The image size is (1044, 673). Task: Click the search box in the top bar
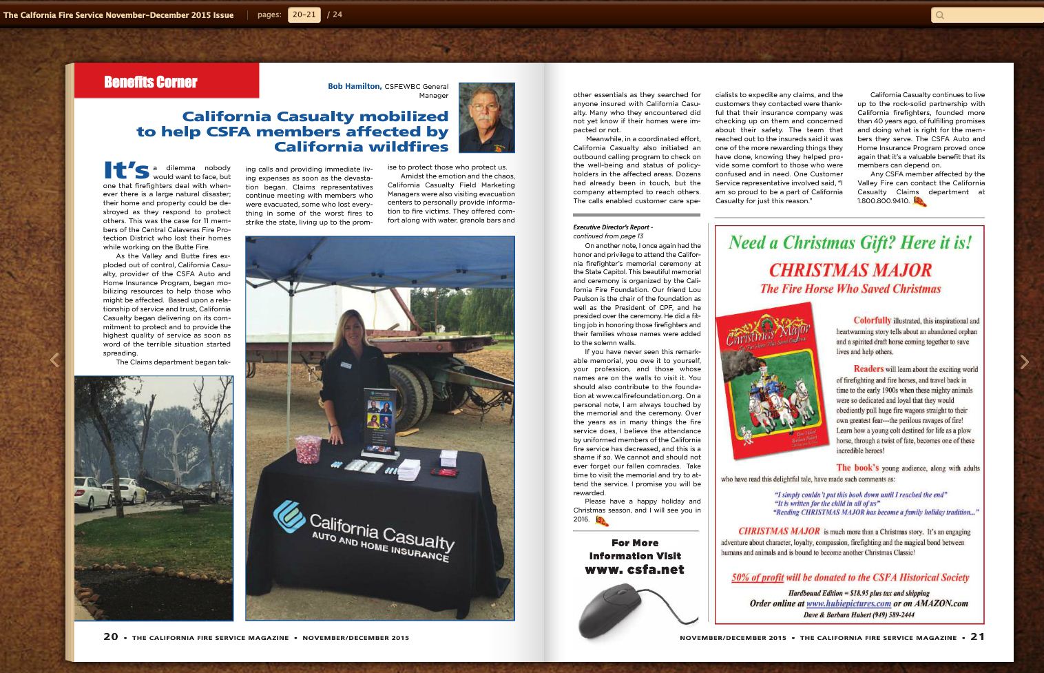tap(985, 15)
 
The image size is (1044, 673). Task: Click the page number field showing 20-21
tap(304, 14)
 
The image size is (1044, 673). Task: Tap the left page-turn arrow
tap(54, 360)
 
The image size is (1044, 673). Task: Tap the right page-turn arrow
tap(1024, 362)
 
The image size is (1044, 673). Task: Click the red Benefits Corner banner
tap(166, 81)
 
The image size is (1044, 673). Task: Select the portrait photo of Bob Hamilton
tap(486, 118)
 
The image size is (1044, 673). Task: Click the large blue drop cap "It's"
tap(126, 170)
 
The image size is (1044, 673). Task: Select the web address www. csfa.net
tap(634, 570)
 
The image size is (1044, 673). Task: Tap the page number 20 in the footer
tap(110, 636)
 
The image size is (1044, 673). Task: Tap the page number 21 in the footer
tap(977, 636)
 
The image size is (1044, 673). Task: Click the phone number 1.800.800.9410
tap(884, 201)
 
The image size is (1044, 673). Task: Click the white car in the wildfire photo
tap(93, 493)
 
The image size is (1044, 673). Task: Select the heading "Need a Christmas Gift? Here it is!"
tap(850, 242)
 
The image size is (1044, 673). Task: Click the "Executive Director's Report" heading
tap(612, 227)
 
